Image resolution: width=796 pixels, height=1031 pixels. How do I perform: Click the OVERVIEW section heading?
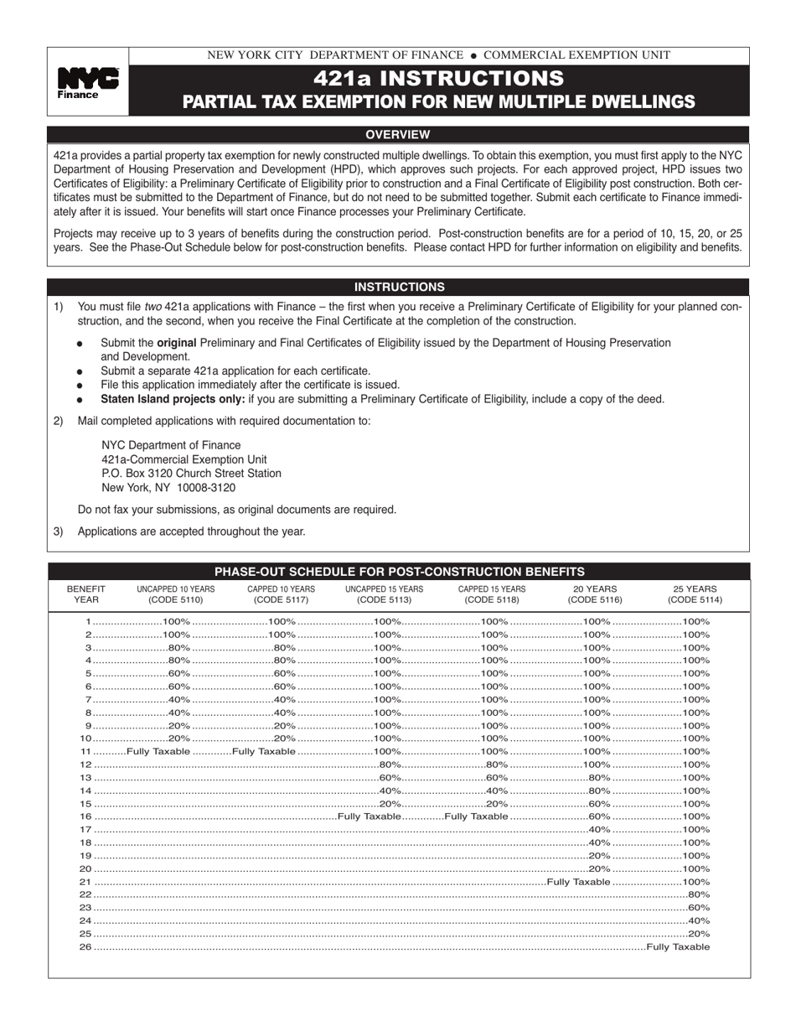pyautogui.click(x=398, y=134)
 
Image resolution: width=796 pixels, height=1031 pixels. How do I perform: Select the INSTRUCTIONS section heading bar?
pyautogui.click(x=398, y=287)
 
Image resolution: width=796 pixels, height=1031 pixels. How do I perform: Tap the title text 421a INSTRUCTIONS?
pyautogui.click(x=438, y=79)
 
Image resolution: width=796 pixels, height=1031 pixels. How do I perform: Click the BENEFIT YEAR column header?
pyautogui.click(x=85, y=594)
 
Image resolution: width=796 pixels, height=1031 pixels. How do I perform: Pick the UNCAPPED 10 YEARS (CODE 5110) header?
pyautogui.click(x=176, y=594)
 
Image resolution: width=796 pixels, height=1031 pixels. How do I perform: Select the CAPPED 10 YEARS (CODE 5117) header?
pyautogui.click(x=281, y=594)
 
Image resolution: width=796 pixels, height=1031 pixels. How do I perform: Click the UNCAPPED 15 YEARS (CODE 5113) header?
pyautogui.click(x=384, y=594)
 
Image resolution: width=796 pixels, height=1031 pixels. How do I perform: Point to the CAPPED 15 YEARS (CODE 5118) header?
pyautogui.click(x=492, y=594)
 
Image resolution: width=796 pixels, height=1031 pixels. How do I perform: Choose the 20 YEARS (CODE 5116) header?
pyautogui.click(x=595, y=594)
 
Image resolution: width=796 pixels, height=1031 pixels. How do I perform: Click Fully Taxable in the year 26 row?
pyautogui.click(x=678, y=946)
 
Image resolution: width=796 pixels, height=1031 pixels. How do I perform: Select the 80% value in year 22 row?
pyautogui.click(x=699, y=894)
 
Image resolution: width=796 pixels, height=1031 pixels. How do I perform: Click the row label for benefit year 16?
pyautogui.click(x=85, y=816)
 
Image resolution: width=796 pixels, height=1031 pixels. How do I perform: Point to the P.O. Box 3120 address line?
pyautogui.click(x=191, y=474)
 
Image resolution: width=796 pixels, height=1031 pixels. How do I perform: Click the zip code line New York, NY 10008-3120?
pyautogui.click(x=168, y=487)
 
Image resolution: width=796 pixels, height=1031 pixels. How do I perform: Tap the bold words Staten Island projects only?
pyautogui.click(x=172, y=399)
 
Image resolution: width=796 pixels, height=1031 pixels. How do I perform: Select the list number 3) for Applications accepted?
pyautogui.click(x=58, y=531)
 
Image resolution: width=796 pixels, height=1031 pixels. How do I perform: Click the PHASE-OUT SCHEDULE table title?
pyautogui.click(x=400, y=572)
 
